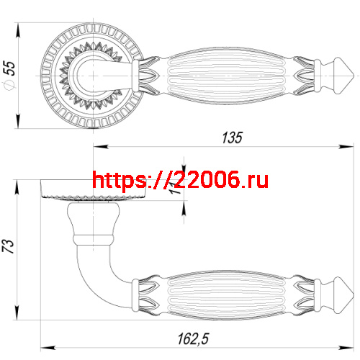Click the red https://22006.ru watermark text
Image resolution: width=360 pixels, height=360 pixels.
[181, 179]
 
